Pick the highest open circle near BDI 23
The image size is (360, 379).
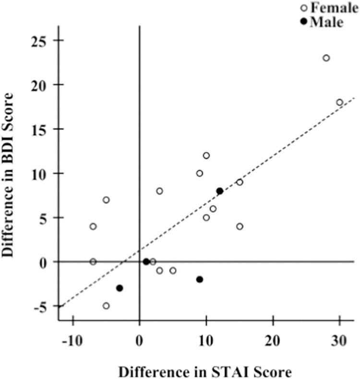coord(326,58)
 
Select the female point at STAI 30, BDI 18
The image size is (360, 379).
coord(339,102)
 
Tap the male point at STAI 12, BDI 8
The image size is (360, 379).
coord(219,191)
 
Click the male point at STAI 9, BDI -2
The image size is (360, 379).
coord(200,280)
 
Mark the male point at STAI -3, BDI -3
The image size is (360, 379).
coord(120,288)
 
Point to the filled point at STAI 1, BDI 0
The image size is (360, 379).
coord(146,262)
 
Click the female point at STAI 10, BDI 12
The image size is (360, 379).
coord(206,156)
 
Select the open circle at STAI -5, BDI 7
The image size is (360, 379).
coord(106,200)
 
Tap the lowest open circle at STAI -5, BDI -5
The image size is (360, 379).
coord(106,306)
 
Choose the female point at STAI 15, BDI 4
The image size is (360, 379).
coord(240,226)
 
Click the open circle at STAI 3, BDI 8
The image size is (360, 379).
coord(159,191)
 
